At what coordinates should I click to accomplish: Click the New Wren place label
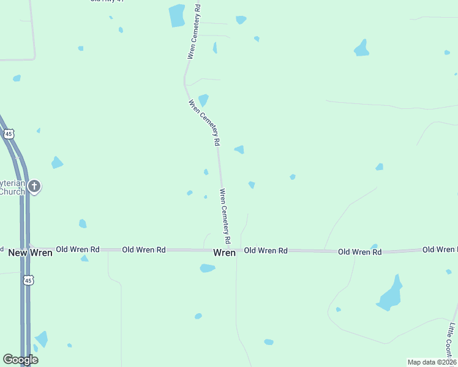30,252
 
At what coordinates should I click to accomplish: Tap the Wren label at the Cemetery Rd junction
224,252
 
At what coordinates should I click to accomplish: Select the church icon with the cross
35,186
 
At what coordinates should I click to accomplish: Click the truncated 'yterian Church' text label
12,187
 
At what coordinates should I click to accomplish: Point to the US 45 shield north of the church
9,133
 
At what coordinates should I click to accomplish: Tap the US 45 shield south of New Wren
28,280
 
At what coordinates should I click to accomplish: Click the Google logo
20,360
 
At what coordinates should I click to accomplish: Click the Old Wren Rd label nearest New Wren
77,250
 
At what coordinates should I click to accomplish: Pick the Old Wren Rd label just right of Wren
266,251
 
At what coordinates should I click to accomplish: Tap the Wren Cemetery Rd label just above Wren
225,212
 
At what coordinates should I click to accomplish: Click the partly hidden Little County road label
452,339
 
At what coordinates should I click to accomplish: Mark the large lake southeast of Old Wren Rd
389,295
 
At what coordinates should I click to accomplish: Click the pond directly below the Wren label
208,268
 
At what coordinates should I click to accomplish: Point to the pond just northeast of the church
57,162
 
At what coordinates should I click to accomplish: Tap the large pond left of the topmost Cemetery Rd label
177,15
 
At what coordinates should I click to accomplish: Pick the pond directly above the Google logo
42,338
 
